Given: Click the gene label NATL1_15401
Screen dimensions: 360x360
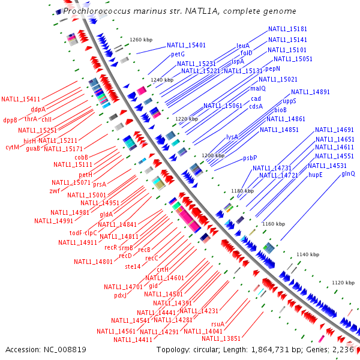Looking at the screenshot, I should pos(186,45).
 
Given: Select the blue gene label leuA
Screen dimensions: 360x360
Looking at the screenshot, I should pos(242,45).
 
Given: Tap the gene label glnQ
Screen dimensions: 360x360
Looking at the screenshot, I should pos(348,173).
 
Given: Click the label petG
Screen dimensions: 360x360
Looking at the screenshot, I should pos(178,54).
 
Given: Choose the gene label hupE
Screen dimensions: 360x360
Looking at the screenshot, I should pos(316,173).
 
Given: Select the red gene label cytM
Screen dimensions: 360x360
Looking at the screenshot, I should pos(13,147).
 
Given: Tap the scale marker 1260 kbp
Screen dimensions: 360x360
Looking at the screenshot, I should pos(142,40).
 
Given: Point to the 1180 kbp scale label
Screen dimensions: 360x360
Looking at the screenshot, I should pos(243,190).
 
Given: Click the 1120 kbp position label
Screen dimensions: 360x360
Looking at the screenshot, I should pos(343,282).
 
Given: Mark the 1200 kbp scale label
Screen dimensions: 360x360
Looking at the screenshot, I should pos(213,155).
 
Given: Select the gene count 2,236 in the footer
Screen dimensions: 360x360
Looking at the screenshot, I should pos(343,349).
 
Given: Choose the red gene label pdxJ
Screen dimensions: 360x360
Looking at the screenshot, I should pos(120,295).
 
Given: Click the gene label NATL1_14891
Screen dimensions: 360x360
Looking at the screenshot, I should pos(310,92).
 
